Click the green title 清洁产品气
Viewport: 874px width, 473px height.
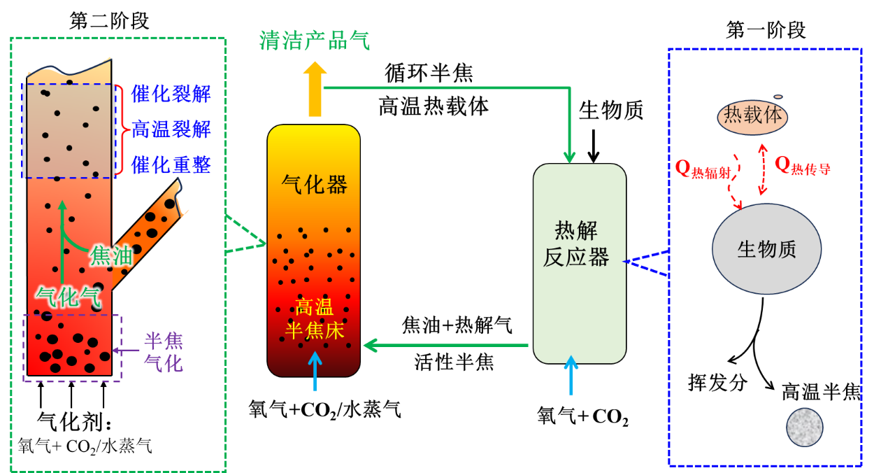(x=314, y=41)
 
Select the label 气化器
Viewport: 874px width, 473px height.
(x=314, y=185)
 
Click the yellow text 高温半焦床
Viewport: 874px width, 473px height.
(x=315, y=318)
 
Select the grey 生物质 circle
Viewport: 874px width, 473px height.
(x=766, y=249)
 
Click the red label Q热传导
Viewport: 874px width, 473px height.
(x=803, y=166)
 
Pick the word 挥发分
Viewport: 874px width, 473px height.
(x=717, y=383)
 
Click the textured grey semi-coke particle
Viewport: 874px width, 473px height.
(x=804, y=427)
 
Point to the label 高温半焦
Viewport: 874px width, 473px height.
(x=821, y=392)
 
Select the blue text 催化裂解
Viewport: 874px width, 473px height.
(x=171, y=94)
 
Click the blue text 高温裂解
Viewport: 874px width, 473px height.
(x=171, y=129)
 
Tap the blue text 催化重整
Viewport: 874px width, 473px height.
(x=171, y=165)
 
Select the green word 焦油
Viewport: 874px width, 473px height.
(x=111, y=257)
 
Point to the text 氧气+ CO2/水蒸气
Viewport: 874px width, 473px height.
(x=85, y=446)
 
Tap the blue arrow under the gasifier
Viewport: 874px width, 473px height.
(x=315, y=371)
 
